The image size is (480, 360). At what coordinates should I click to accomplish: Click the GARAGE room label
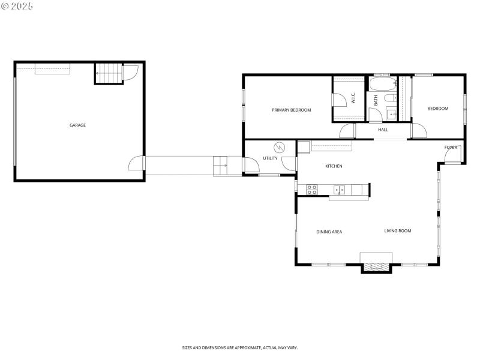click(77, 125)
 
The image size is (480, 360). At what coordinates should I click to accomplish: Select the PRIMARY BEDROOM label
click(291, 110)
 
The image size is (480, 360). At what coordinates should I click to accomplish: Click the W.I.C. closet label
click(353, 98)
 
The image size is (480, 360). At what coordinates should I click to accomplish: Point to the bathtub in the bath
click(382, 83)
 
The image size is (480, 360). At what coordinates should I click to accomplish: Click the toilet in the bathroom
click(389, 98)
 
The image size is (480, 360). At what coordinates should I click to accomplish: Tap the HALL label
click(383, 130)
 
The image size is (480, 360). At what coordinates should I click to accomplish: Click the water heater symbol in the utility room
click(280, 147)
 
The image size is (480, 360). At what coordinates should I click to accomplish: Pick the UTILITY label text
click(270, 158)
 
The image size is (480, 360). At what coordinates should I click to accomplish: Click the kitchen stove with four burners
click(312, 190)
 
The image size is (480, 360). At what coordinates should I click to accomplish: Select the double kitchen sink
click(339, 190)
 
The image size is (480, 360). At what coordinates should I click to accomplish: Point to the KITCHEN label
click(334, 166)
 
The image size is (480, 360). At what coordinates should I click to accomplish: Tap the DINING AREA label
click(329, 232)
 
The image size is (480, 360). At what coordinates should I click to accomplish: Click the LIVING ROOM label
click(397, 230)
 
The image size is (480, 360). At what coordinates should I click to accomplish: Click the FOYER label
click(451, 147)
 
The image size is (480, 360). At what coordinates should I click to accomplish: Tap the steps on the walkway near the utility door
click(220, 166)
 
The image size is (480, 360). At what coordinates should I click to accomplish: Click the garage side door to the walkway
click(136, 164)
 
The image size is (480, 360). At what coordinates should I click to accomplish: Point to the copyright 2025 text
click(17, 5)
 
